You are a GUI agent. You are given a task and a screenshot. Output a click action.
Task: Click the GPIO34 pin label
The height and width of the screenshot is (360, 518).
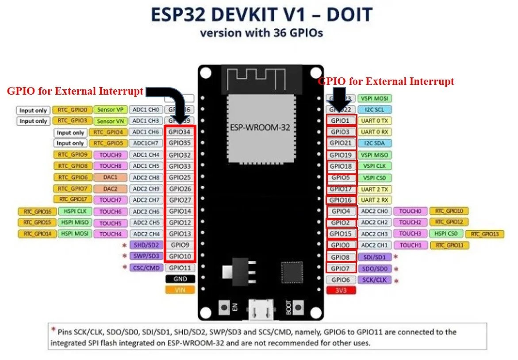[x=180, y=132]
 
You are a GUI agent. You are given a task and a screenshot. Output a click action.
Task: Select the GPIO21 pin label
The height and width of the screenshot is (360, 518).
[x=341, y=143]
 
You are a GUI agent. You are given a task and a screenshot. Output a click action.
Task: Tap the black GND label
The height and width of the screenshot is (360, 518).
[x=180, y=279]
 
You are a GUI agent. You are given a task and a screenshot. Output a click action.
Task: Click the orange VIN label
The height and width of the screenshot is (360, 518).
[x=180, y=290]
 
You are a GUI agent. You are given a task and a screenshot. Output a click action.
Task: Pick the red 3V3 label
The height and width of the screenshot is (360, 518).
[x=341, y=290]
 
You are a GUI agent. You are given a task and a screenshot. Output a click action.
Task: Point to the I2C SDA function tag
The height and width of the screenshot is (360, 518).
[x=375, y=143]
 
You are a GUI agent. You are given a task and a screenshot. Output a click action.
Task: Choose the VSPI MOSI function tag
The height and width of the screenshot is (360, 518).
[x=375, y=98]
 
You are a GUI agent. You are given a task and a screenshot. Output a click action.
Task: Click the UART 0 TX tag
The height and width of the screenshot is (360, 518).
[x=375, y=120]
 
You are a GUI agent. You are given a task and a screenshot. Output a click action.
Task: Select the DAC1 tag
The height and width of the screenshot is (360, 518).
[x=110, y=177]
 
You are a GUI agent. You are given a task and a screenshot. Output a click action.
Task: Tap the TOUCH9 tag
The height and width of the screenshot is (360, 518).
[x=110, y=155]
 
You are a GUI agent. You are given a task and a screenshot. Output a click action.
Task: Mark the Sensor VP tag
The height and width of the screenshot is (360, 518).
[x=110, y=110]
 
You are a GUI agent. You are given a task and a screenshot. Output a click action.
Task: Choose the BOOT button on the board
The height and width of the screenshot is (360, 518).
[x=298, y=306]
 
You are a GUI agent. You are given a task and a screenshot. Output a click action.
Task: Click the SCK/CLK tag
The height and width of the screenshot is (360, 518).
[x=375, y=280]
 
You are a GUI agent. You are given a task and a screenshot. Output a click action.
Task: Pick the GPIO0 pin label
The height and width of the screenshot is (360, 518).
[x=341, y=245]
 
